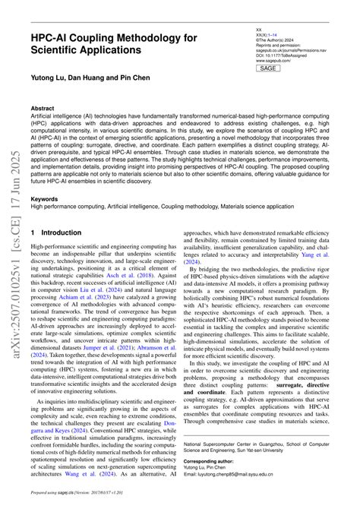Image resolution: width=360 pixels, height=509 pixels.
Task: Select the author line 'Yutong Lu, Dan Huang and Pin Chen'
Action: (90, 78)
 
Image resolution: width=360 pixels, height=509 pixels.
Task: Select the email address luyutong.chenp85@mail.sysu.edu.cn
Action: (252, 495)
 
